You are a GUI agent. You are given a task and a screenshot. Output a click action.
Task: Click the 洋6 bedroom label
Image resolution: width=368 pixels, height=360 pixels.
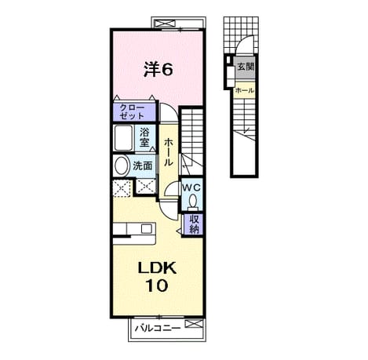point(158,70)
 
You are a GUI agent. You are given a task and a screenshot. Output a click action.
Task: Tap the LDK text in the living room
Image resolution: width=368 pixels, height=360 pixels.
point(157,267)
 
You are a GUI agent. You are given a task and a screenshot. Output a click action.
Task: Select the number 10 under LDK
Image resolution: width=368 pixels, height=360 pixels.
point(157,285)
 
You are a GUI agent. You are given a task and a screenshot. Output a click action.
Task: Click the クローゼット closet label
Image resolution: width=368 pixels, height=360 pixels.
point(132,112)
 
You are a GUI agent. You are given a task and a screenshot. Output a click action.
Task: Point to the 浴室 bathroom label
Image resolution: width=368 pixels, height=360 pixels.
point(144,137)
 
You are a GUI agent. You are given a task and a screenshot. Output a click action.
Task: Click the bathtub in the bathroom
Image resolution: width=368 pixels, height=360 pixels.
point(123,138)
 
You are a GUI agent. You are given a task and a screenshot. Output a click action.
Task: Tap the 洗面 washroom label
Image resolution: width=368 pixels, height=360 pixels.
point(143,165)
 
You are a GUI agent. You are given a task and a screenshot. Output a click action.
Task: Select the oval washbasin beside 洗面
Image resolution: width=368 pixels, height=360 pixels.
point(122,166)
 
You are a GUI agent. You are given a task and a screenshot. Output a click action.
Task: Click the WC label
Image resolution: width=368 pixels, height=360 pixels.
point(191,187)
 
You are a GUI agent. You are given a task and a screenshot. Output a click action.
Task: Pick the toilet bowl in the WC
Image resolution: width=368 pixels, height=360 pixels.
point(193,202)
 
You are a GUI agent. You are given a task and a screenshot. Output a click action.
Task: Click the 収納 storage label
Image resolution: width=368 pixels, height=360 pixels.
point(194,224)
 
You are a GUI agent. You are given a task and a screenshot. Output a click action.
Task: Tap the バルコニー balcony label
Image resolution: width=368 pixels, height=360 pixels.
point(158,328)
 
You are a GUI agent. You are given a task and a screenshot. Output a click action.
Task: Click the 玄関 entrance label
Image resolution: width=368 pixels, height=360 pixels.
point(246,67)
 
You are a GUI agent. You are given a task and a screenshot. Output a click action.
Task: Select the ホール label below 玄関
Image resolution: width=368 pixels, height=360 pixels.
point(245,90)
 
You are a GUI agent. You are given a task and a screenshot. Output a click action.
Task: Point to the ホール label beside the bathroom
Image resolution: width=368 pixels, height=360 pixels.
point(169,152)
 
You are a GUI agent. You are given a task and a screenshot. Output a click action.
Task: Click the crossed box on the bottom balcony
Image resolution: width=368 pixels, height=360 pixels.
point(194,324)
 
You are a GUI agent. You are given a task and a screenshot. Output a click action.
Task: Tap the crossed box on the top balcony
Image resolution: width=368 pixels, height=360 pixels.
point(165,24)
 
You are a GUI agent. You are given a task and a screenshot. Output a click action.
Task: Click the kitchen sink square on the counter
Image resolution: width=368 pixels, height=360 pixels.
point(146,229)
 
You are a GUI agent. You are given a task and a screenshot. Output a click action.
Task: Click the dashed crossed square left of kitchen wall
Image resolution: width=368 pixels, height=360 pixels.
point(122,188)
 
